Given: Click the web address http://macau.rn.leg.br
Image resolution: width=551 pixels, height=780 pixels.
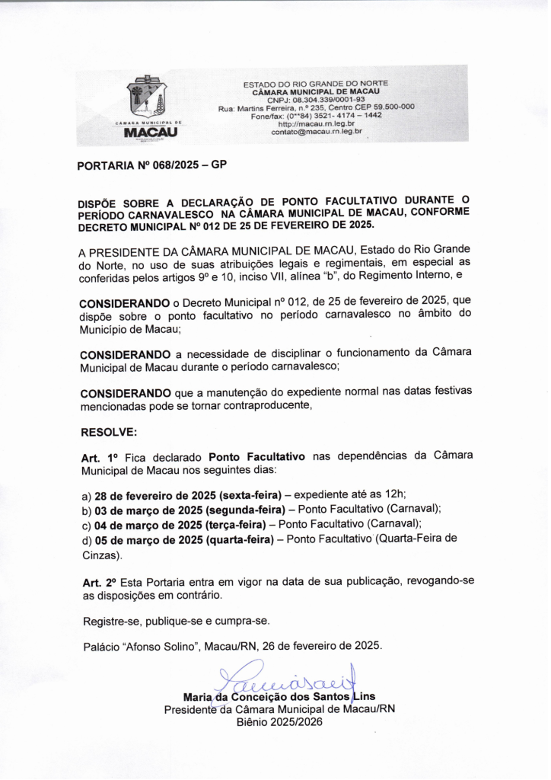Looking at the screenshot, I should coord(316,123).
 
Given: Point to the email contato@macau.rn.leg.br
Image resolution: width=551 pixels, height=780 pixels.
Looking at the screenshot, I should coord(316,132).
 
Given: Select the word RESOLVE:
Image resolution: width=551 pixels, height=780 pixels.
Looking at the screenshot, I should coord(109,432).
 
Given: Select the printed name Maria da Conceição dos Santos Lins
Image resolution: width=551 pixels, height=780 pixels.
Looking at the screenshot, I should coord(279,696).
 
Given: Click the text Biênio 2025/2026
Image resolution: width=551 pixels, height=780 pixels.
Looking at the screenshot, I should coord(279,721).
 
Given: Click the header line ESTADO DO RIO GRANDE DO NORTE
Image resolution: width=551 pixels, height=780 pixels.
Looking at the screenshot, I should coord(316,83).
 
